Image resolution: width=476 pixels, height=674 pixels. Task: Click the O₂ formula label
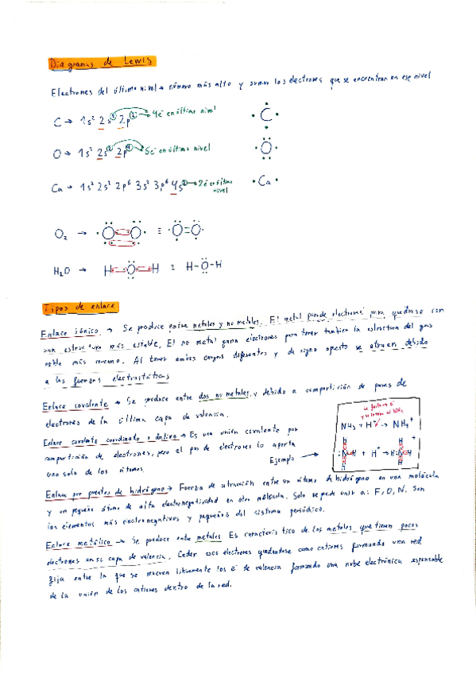[61, 234]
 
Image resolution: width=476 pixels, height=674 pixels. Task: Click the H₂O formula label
[63, 270]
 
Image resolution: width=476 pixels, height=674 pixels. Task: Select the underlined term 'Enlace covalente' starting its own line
[70, 404]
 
